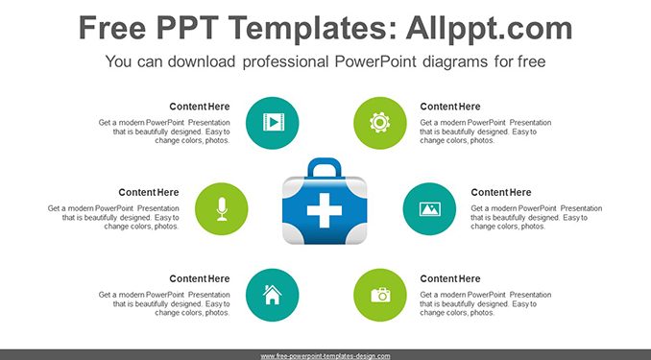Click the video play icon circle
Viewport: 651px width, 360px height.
pyautogui.click(x=273, y=123)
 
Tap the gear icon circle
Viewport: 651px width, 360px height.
pyautogui.click(x=380, y=123)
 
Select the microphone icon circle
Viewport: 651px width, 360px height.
pyautogui.click(x=221, y=209)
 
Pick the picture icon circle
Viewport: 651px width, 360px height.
pyautogui.click(x=429, y=209)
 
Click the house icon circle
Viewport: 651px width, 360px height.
pyautogui.click(x=273, y=295)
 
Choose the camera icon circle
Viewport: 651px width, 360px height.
pyautogui.click(x=380, y=295)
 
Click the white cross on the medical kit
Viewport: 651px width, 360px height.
pyautogui.click(x=325, y=210)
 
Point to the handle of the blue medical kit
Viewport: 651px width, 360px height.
pyautogui.click(x=325, y=167)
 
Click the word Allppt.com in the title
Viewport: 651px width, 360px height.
pyautogui.click(x=489, y=28)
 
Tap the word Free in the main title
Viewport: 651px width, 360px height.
pyautogui.click(x=112, y=28)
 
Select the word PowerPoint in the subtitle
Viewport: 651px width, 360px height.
pyautogui.click(x=375, y=61)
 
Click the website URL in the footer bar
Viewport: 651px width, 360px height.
pyautogui.click(x=325, y=356)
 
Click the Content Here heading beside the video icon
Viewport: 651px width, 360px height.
pyautogui.click(x=200, y=107)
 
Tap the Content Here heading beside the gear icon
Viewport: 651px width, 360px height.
pyautogui.click(x=450, y=107)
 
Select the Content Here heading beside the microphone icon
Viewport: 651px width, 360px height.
pyautogui.click(x=149, y=193)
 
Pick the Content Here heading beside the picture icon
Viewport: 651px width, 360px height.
pyautogui.click(x=501, y=193)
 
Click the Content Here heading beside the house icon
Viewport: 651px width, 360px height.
pyautogui.click(x=200, y=278)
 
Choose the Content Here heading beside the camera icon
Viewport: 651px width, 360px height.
pyautogui.click(x=450, y=278)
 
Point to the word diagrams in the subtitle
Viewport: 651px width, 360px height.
pyautogui.click(x=455, y=62)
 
